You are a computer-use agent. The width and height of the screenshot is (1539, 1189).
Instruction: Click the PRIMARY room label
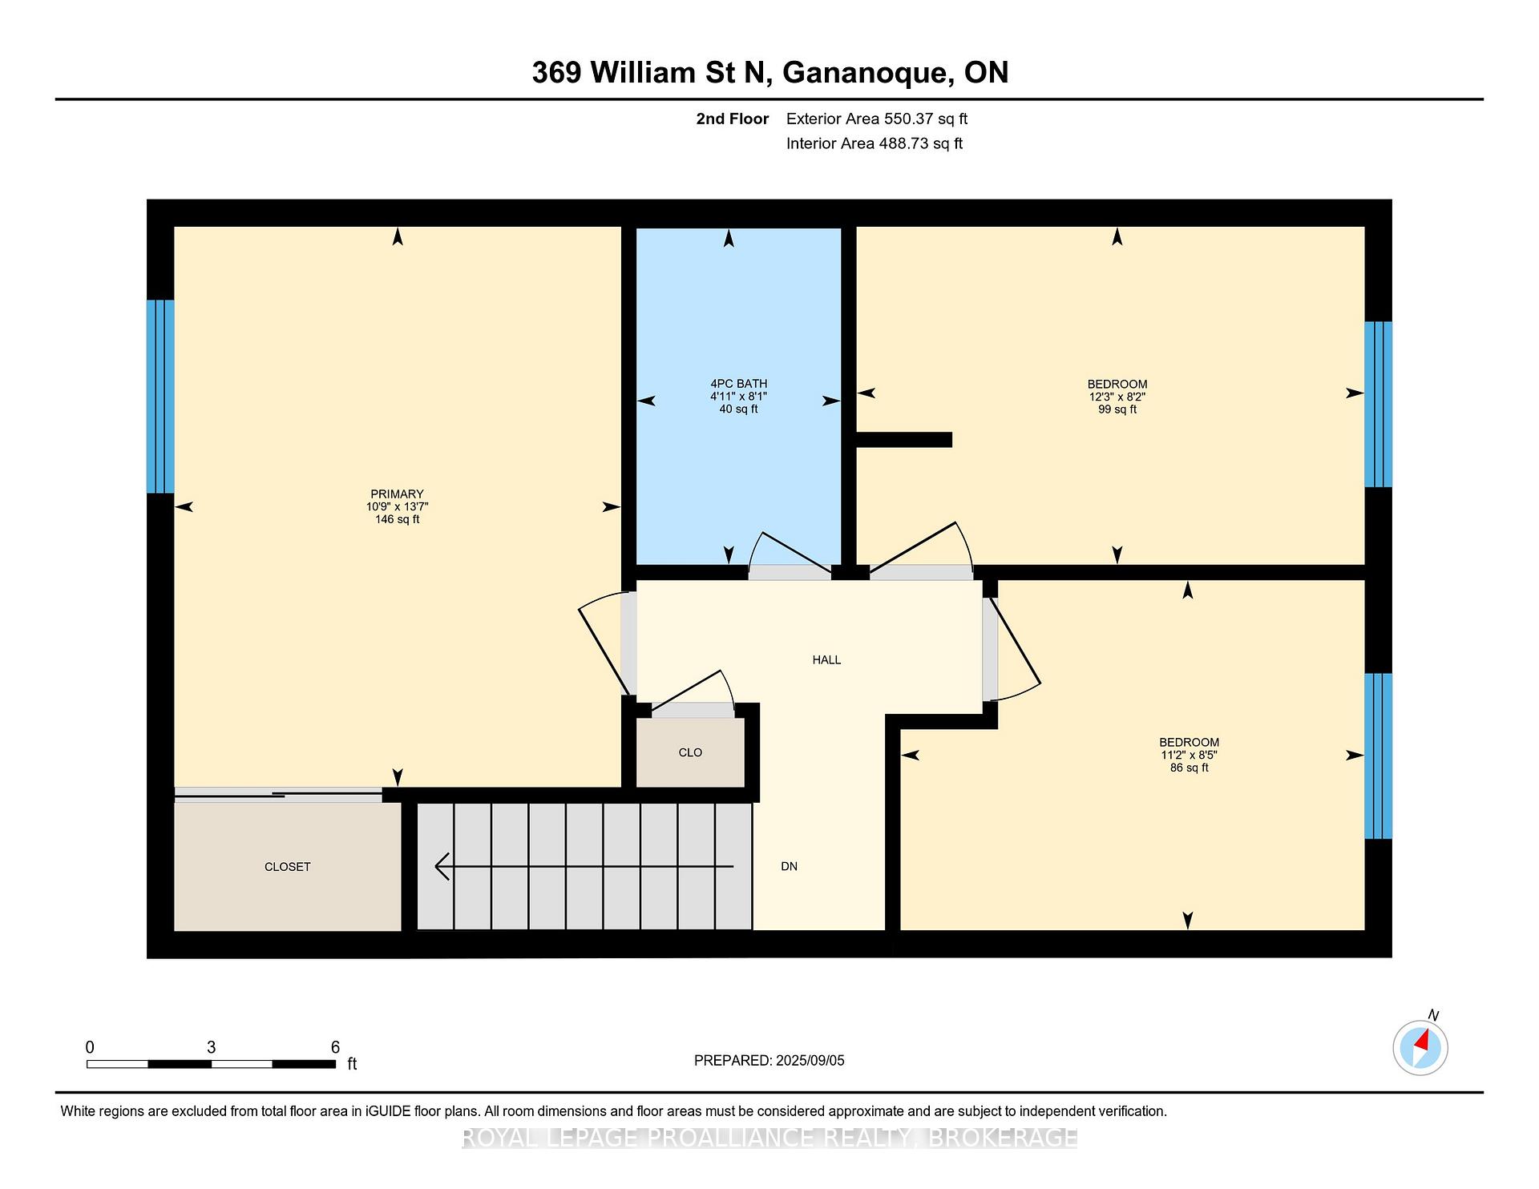(397, 494)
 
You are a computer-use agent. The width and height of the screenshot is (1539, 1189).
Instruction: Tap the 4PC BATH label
(738, 384)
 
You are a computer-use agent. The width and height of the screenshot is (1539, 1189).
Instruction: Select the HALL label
(826, 660)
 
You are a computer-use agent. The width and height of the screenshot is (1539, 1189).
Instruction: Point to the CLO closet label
(690, 752)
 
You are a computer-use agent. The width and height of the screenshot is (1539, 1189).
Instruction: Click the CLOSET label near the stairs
(287, 867)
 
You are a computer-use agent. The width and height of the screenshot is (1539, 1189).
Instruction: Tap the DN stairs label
(789, 866)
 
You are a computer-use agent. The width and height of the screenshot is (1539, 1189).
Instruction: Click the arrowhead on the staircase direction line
(442, 867)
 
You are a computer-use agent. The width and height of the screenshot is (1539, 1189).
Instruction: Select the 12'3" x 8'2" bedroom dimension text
(1117, 397)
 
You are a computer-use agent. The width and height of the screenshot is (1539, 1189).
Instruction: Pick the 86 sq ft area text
(1189, 768)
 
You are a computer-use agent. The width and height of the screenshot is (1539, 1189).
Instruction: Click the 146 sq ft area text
(397, 519)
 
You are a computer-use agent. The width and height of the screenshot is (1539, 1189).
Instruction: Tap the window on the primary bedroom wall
(160, 397)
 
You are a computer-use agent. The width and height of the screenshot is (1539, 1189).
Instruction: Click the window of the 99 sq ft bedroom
(1378, 405)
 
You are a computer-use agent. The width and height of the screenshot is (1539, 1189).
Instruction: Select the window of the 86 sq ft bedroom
(1378, 756)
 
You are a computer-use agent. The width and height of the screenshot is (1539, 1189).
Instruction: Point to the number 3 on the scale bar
(211, 1047)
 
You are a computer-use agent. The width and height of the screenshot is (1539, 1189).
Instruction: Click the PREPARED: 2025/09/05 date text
(769, 1061)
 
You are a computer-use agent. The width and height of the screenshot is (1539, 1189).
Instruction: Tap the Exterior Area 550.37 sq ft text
(877, 119)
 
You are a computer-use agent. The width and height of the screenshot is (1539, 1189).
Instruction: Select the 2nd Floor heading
(733, 119)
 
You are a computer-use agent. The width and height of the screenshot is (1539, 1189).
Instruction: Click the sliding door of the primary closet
(278, 794)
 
